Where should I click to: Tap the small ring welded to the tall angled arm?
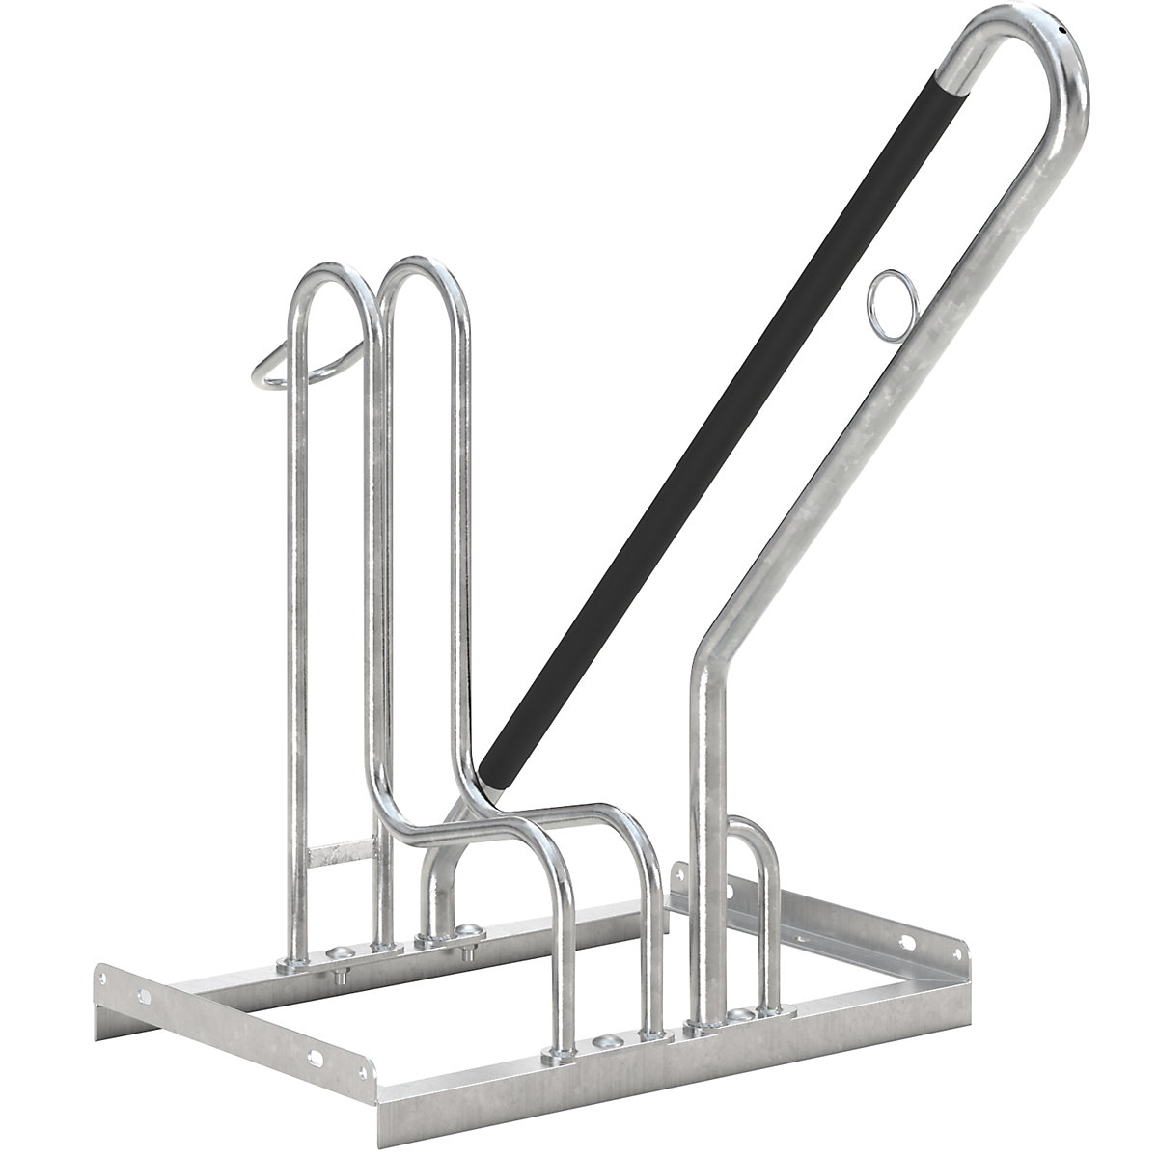(890, 291)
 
